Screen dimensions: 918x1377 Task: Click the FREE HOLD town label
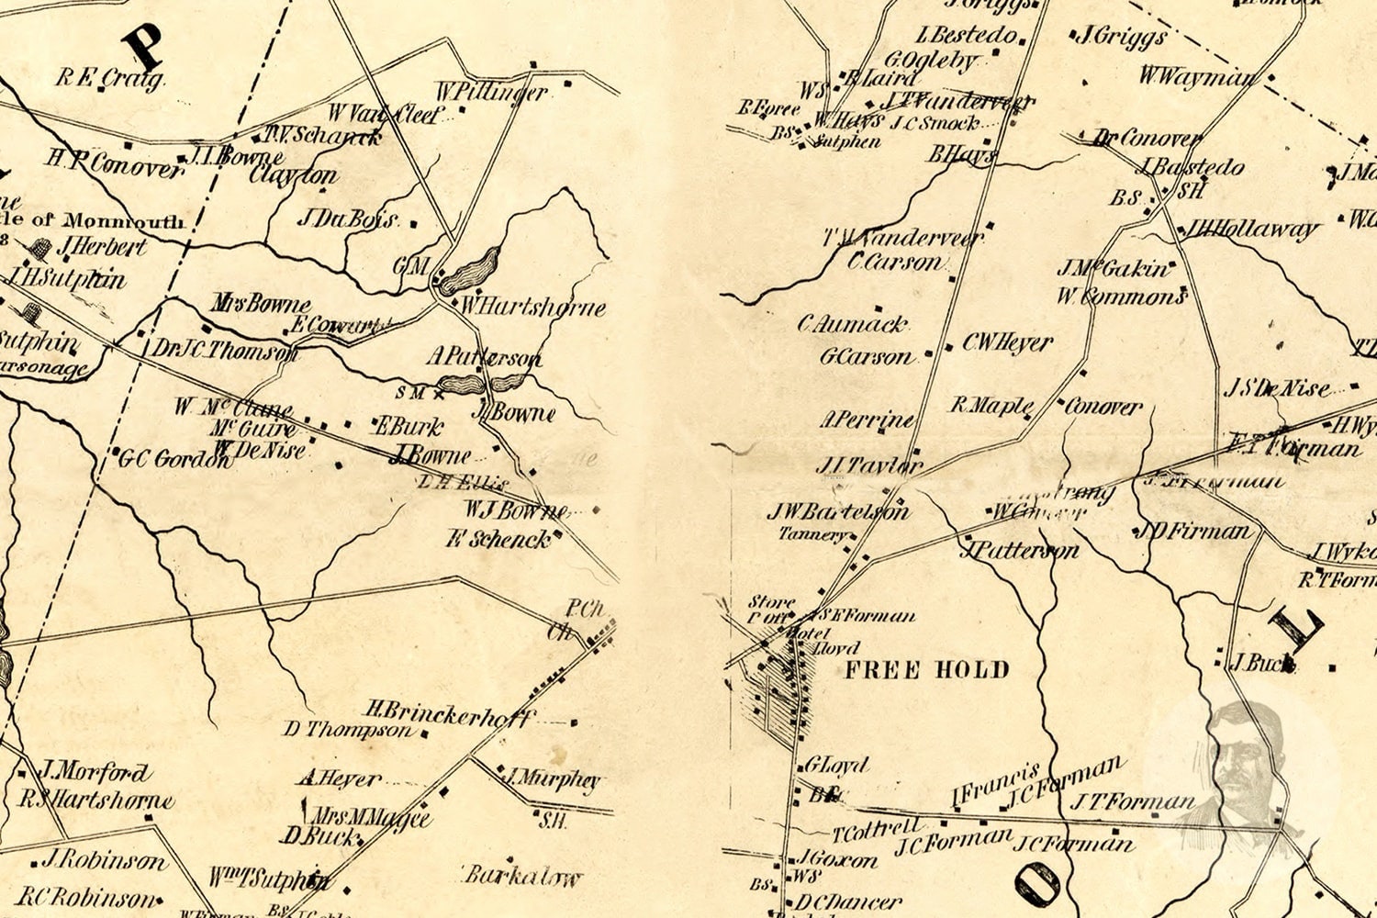click(x=926, y=669)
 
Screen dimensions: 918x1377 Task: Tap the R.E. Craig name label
click(x=110, y=78)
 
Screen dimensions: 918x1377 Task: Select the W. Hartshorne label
click(x=532, y=307)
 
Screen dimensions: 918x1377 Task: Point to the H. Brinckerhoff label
click(x=448, y=713)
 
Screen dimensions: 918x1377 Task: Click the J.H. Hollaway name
click(x=1252, y=229)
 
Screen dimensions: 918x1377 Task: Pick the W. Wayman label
click(x=1198, y=77)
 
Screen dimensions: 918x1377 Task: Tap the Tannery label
click(x=812, y=534)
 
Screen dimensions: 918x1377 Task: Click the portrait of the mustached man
click(x=1239, y=762)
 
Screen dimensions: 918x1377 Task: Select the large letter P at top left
click(x=144, y=44)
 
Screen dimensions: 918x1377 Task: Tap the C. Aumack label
click(x=852, y=324)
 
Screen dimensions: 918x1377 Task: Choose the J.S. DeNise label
click(x=1276, y=388)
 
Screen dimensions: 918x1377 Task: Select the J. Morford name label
click(x=95, y=771)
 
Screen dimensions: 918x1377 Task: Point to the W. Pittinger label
click(x=491, y=92)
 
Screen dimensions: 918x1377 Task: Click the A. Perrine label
click(x=868, y=420)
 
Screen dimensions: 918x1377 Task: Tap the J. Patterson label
click(x=1019, y=551)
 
